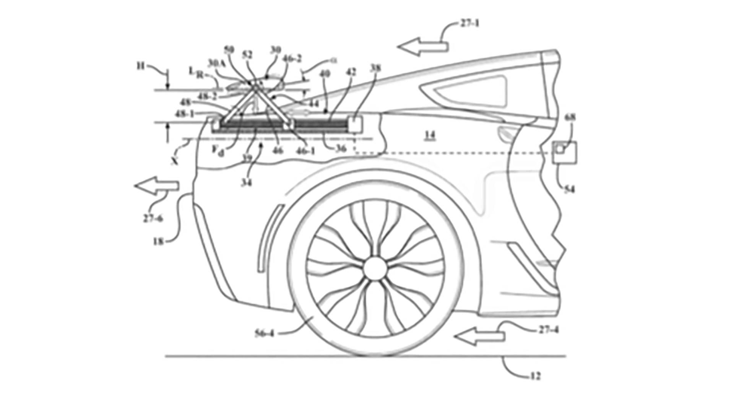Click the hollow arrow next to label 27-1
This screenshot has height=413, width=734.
(x=422, y=47)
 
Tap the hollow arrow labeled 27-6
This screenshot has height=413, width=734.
(x=157, y=186)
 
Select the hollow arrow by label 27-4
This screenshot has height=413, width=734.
(x=479, y=337)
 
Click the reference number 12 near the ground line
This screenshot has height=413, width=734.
(x=535, y=376)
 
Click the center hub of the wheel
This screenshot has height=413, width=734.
(x=374, y=269)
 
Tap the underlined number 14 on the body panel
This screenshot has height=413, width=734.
(x=430, y=135)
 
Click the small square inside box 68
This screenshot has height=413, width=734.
(x=560, y=148)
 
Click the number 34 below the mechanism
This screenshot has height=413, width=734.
(x=247, y=183)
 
